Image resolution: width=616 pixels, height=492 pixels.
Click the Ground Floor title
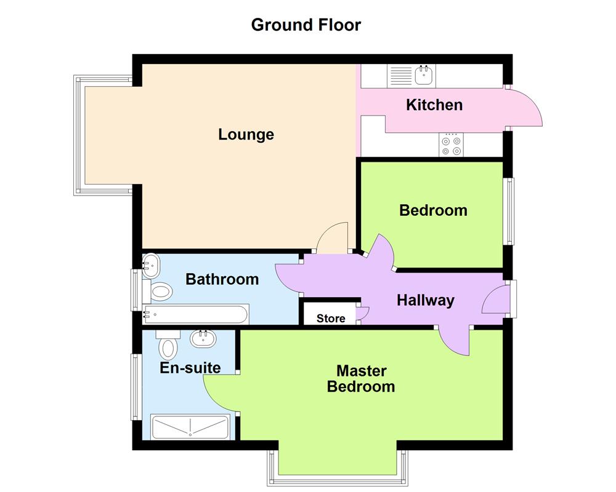(x=306, y=25)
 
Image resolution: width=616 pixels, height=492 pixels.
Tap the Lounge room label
(x=246, y=134)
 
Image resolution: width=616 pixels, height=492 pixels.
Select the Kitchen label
(x=434, y=105)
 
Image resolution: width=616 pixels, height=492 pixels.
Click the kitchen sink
(x=424, y=76)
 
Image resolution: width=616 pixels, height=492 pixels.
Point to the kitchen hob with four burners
(x=451, y=145)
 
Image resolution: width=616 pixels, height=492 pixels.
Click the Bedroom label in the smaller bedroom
(x=433, y=210)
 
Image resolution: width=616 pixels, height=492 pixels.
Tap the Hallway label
(x=425, y=300)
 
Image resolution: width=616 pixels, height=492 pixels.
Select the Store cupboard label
(x=331, y=319)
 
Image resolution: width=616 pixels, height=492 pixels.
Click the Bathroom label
(x=222, y=279)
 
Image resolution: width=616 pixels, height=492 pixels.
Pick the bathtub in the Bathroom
(x=195, y=315)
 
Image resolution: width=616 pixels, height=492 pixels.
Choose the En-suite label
(x=190, y=368)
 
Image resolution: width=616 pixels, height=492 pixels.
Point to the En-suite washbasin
(x=201, y=338)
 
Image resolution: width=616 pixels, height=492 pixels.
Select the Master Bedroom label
(x=361, y=379)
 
